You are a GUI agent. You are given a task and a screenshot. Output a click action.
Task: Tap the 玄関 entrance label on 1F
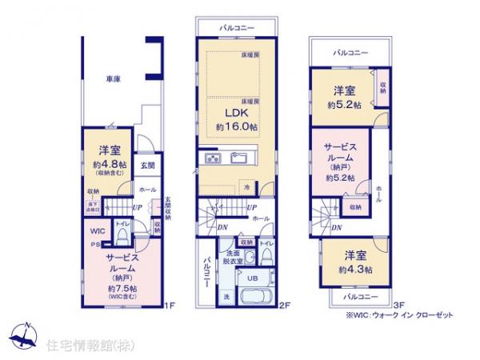[x=148, y=166]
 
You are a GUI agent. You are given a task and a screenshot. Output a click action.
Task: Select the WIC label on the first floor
[x=96, y=230]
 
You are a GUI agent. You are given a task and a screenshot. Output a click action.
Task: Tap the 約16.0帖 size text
[x=236, y=127]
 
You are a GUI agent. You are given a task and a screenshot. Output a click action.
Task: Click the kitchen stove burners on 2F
[x=212, y=157]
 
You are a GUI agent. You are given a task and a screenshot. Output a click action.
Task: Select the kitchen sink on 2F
[x=241, y=157]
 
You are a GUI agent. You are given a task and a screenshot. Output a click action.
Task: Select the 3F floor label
[x=399, y=304]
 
